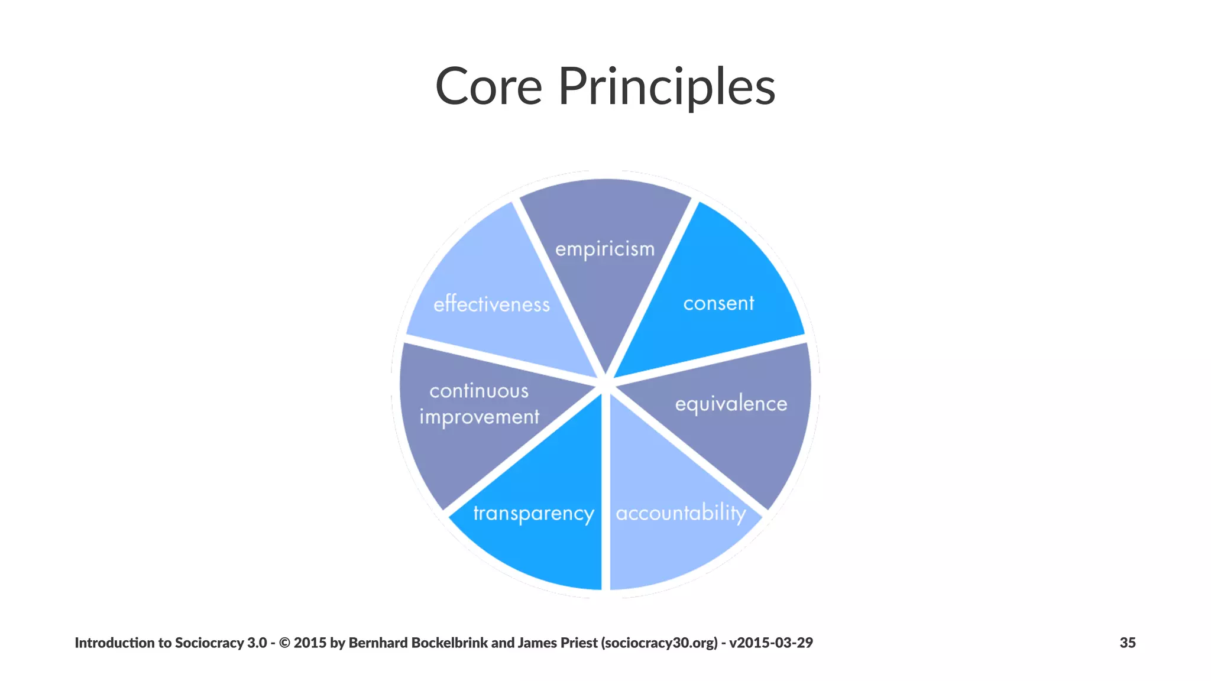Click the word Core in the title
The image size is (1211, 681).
coord(488,87)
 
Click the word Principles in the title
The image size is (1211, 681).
coord(666,87)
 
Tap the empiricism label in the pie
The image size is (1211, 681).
coord(605,249)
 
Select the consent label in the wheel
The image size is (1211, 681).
coord(718,303)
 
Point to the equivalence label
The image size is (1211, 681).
coord(731,404)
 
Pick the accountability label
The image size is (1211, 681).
coord(681,513)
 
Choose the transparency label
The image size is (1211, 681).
coord(533,513)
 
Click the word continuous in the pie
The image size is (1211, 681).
coord(479,391)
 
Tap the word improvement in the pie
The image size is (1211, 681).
coord(480,417)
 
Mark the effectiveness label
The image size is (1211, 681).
coord(491,304)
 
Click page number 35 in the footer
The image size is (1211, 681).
coord(1127,643)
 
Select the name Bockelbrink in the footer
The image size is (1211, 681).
coord(449,643)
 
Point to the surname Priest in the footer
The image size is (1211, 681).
coord(579,643)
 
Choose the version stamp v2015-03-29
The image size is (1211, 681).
coord(771,643)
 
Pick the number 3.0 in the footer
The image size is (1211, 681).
coord(257,643)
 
